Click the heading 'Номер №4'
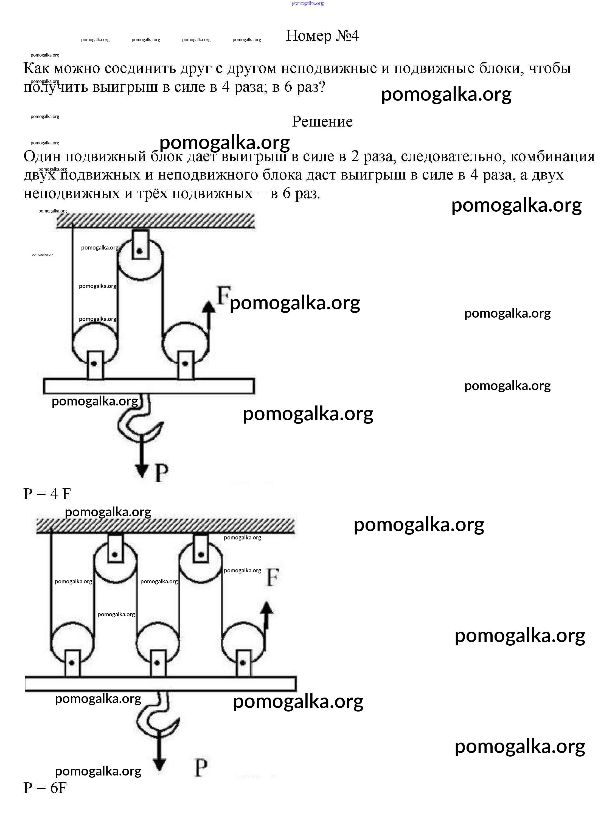click(x=322, y=36)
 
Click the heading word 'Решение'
click(x=322, y=122)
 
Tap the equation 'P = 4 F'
click(x=47, y=494)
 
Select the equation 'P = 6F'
click(x=45, y=788)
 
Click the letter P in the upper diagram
click(x=161, y=473)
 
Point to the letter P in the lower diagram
click(x=201, y=767)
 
